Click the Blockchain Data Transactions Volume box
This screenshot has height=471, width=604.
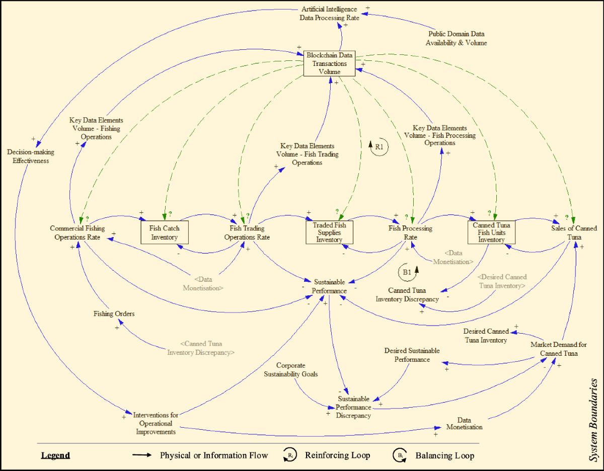[x=330, y=63]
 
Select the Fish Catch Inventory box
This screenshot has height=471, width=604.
[x=165, y=232]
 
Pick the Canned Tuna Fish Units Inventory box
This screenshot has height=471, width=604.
[x=491, y=232]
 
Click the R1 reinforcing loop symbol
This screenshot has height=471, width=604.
[x=379, y=147]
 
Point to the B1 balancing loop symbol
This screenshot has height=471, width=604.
[x=407, y=272]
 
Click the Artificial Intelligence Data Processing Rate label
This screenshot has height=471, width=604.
[x=330, y=14]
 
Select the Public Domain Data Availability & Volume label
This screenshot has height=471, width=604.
[x=456, y=39]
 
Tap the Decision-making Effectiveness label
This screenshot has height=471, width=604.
[x=31, y=156]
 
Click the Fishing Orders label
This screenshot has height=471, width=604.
[x=114, y=314]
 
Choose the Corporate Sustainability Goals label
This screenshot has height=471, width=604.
[x=291, y=370]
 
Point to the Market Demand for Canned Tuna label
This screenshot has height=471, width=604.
[x=558, y=349]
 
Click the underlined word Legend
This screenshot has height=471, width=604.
[x=55, y=455]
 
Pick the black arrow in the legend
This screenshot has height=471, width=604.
[x=142, y=455]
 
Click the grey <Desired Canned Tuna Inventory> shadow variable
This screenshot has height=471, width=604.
[x=502, y=281]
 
